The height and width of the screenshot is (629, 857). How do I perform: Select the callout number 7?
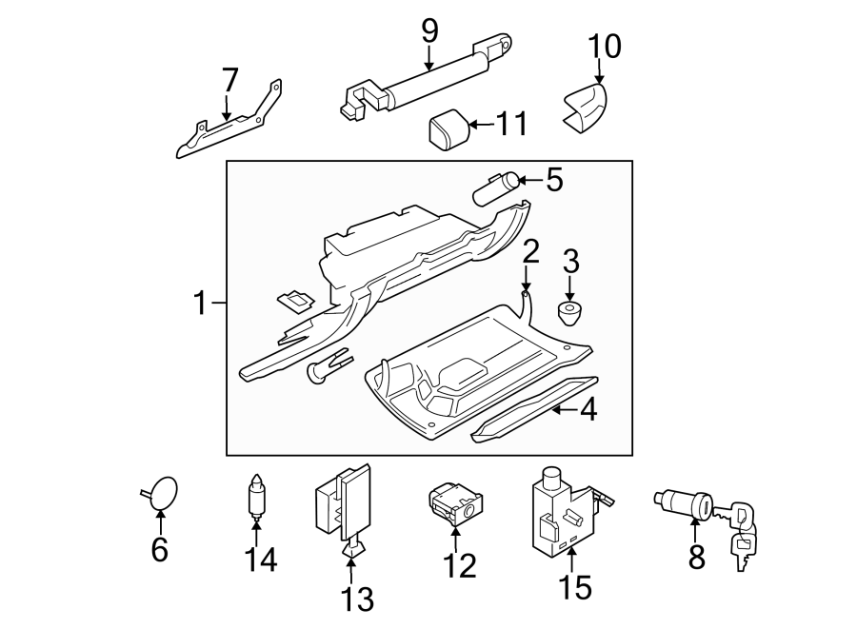point(229,82)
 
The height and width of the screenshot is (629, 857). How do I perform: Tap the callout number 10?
point(603,45)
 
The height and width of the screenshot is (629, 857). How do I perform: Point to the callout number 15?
point(575,585)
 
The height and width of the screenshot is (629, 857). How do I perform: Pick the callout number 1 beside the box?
point(200,304)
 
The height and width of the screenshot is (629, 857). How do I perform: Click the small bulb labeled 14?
point(256,496)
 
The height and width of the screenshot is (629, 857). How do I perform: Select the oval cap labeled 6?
point(163,492)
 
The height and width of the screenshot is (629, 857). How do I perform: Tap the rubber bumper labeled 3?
point(570,312)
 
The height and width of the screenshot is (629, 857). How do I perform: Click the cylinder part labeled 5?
point(498,187)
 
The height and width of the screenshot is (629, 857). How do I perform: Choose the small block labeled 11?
point(446,129)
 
